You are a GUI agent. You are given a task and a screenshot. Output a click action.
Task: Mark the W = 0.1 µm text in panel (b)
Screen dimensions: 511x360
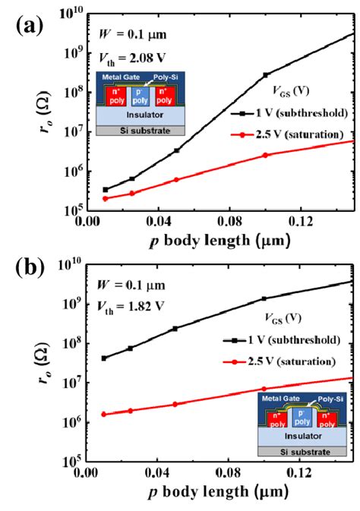click(129, 285)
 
